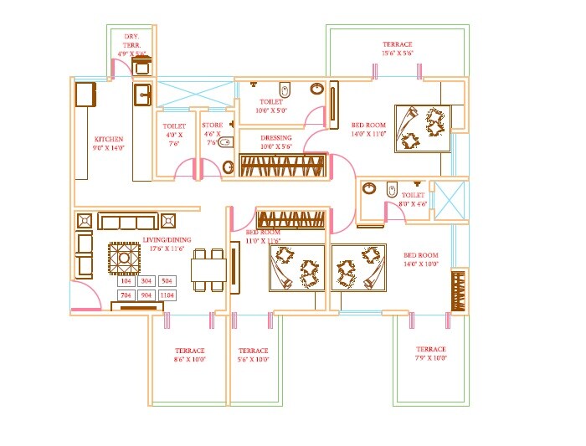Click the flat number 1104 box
(x=167, y=295)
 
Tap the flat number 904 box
(x=146, y=295)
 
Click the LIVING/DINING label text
(x=167, y=244)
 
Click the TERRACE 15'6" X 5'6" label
(x=398, y=49)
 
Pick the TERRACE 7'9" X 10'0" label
(x=431, y=353)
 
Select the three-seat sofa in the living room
(x=128, y=221)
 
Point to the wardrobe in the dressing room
(x=281, y=165)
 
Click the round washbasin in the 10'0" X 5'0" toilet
(x=317, y=88)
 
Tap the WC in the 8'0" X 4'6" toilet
(x=390, y=192)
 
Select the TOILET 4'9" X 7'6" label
(x=174, y=134)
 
